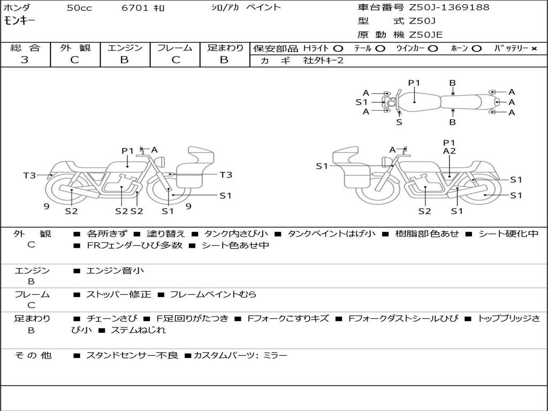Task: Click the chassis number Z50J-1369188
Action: click(449, 7)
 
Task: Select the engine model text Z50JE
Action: click(425, 35)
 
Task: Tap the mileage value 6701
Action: click(135, 7)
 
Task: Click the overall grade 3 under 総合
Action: click(25, 60)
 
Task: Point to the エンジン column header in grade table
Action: click(125, 48)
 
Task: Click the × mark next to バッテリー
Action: click(534, 49)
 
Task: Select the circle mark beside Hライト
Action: click(338, 49)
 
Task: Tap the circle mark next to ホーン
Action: click(477, 49)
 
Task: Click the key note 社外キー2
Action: click(323, 60)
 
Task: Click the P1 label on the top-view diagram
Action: click(414, 83)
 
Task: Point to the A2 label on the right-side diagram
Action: click(450, 151)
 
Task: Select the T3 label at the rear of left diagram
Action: click(30, 175)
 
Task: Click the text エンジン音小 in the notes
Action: click(115, 270)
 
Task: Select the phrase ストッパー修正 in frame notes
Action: click(118, 294)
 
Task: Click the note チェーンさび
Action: click(112, 318)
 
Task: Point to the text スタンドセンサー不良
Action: click(132, 355)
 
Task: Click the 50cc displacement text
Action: click(79, 7)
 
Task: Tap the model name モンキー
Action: click(20, 21)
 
